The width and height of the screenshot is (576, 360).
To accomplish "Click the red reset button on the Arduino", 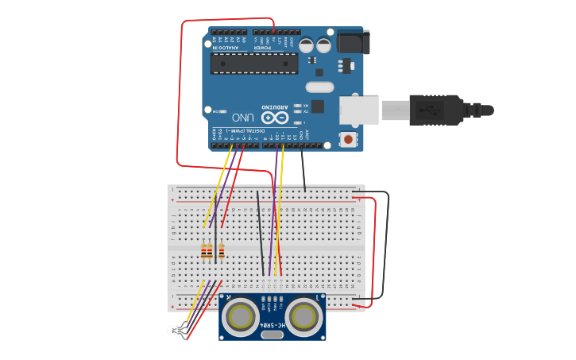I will coord(347,139).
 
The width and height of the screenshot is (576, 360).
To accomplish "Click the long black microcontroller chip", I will coord(254,63).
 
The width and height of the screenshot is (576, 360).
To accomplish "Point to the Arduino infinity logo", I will coord(272,118).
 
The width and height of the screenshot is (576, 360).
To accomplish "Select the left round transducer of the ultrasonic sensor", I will coord(239,317).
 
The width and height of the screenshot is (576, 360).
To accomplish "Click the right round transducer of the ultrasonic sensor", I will coord(305,317).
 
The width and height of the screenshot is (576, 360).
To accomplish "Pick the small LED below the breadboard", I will coord(175,330).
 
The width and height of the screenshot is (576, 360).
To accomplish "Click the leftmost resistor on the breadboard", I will coord(204,252).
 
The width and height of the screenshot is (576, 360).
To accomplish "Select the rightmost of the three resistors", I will coord(222,252).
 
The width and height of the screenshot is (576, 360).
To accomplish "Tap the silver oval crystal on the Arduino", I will coord(319,87).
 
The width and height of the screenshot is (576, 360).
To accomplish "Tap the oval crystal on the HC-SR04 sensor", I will coord(273,335).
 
